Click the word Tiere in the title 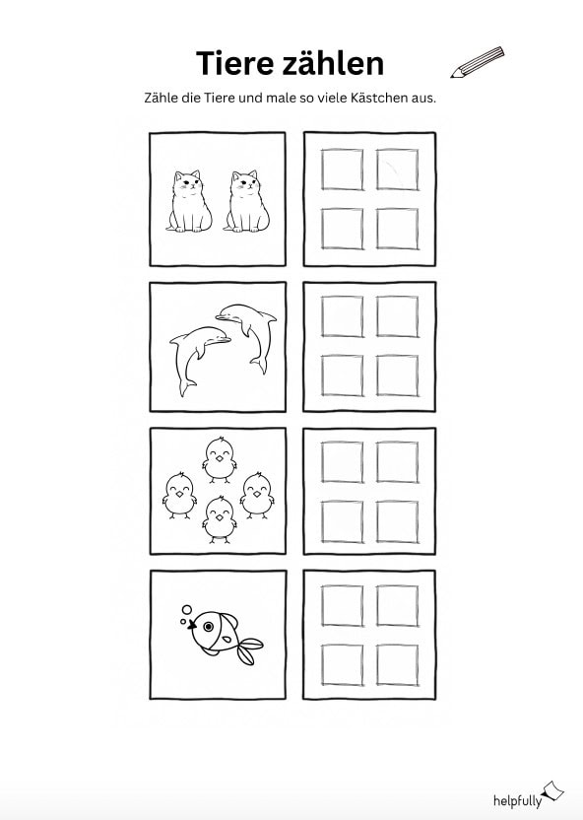click(234, 63)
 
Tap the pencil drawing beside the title click(478, 62)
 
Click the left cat click(189, 201)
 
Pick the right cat click(246, 201)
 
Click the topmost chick click(220, 460)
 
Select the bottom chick click(220, 519)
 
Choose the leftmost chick click(179, 495)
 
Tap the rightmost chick click(257, 495)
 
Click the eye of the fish click(209, 626)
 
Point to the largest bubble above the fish click(187, 610)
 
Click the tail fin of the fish click(249, 650)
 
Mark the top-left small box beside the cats click(342, 170)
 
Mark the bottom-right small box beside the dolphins click(398, 376)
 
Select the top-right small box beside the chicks click(398, 462)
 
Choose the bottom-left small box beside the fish click(342, 664)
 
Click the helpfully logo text click(517, 800)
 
